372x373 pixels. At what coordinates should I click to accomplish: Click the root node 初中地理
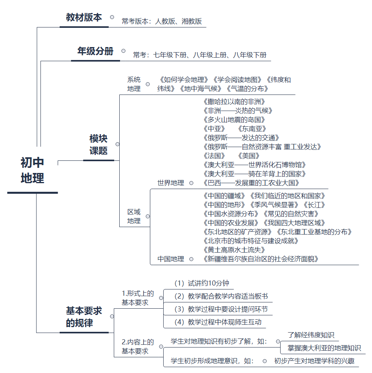pyautogui.click(x=33, y=171)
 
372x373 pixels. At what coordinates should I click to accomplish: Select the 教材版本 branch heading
pyautogui.click(x=84, y=18)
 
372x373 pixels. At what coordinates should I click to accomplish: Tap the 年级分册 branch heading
pyautogui.click(x=95, y=51)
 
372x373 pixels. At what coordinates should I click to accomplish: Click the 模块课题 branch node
pyautogui.click(x=98, y=145)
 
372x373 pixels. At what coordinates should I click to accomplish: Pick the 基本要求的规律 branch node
pyautogui.click(x=84, y=317)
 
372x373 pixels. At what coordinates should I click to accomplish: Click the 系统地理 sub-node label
pyautogui.click(x=134, y=84)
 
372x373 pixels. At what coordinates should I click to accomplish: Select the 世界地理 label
pyautogui.click(x=171, y=183)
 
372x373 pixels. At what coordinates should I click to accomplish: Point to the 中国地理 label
pyautogui.click(x=171, y=259)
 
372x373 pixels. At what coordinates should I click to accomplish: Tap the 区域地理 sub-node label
pyautogui.click(x=134, y=216)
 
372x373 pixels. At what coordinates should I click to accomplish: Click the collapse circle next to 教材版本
pyautogui.click(x=112, y=17)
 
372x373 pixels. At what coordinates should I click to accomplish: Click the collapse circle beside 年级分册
pyautogui.click(x=123, y=51)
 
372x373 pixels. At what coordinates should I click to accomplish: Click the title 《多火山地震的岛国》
pyautogui.click(x=234, y=120)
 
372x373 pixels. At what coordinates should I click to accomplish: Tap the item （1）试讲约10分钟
pyautogui.click(x=202, y=283)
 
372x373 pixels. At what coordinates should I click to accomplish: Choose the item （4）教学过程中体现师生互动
pyautogui.click(x=218, y=322)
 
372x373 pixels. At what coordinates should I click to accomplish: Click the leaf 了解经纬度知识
pyautogui.click(x=311, y=335)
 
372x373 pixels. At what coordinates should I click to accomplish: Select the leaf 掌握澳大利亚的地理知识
pyautogui.click(x=324, y=348)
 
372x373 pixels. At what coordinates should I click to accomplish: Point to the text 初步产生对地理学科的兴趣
pyautogui.click(x=314, y=361)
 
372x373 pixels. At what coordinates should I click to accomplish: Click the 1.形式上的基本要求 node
pyautogui.click(x=138, y=298)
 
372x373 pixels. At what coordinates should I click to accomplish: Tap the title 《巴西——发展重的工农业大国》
pyautogui.click(x=252, y=183)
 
